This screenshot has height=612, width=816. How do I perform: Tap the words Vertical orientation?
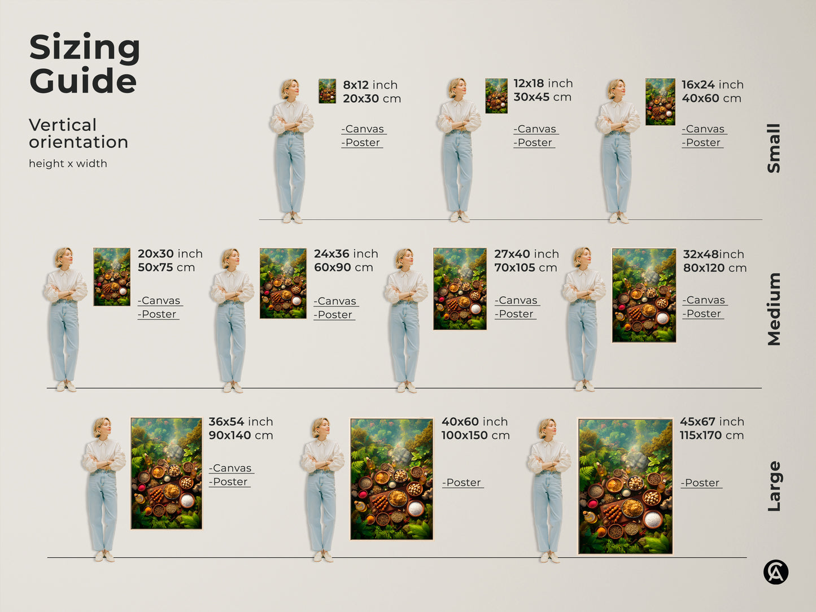[x=78, y=133]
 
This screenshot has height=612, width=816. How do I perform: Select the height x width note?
[x=68, y=164]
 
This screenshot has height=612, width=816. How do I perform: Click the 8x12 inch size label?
[x=370, y=85]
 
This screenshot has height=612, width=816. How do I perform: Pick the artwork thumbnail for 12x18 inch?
[x=496, y=96]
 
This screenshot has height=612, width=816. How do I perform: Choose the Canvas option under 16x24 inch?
[x=704, y=129]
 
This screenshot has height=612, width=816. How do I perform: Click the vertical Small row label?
[x=774, y=148]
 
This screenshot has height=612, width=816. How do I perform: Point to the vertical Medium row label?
[x=774, y=309]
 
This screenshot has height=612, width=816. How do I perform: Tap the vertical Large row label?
[x=774, y=486]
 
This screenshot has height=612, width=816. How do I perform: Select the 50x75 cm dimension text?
[x=166, y=268]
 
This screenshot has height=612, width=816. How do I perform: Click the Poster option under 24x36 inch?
[x=334, y=315]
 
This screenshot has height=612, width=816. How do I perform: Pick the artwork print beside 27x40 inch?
[x=460, y=288]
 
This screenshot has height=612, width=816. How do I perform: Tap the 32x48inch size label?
[x=713, y=254]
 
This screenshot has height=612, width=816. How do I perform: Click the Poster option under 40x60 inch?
[x=463, y=483]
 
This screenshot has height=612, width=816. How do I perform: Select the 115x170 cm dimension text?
[x=712, y=435]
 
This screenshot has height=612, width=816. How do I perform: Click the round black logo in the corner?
[x=776, y=572]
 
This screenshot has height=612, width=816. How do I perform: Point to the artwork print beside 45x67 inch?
[x=625, y=486]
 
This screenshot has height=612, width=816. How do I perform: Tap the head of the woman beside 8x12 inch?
[x=290, y=89]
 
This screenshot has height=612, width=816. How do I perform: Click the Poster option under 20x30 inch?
[x=158, y=314]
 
